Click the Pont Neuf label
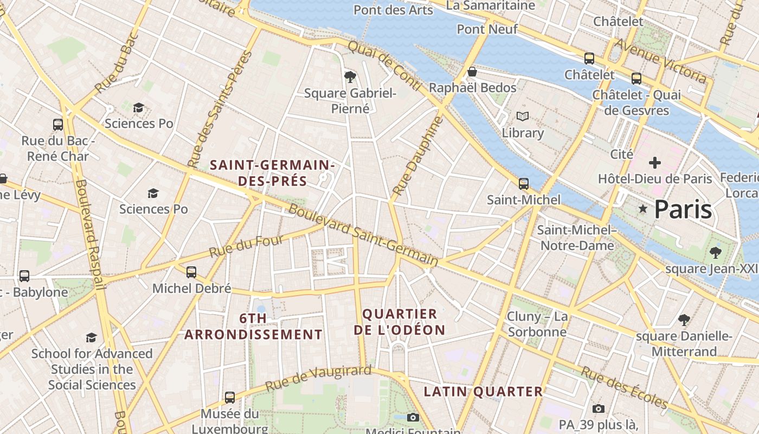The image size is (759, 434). pyautogui.click(x=487, y=29)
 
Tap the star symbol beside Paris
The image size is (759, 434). pyautogui.click(x=643, y=209)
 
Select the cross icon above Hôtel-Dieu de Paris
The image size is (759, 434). pyautogui.click(x=655, y=162)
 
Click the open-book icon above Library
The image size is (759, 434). pyautogui.click(x=523, y=116)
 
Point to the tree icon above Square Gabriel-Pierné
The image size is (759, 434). pyautogui.click(x=350, y=76)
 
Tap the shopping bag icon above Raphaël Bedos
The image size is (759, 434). pyautogui.click(x=472, y=72)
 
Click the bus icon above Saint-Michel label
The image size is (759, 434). pyautogui.click(x=523, y=183)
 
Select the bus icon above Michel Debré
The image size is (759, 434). pyautogui.click(x=191, y=272)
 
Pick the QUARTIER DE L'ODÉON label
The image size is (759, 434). pyautogui.click(x=399, y=322)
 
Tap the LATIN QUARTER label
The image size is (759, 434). pyautogui.click(x=483, y=391)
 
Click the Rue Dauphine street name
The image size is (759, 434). pyautogui.click(x=417, y=157)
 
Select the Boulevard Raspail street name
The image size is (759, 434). pyautogui.click(x=90, y=233)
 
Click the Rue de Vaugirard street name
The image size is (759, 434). pyautogui.click(x=318, y=379)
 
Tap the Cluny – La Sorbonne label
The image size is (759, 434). pyautogui.click(x=537, y=324)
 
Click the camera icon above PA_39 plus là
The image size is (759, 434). pyautogui.click(x=599, y=409)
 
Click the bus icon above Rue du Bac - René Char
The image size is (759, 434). pyautogui.click(x=58, y=125)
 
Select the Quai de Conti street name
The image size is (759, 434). pyautogui.click(x=384, y=65)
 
